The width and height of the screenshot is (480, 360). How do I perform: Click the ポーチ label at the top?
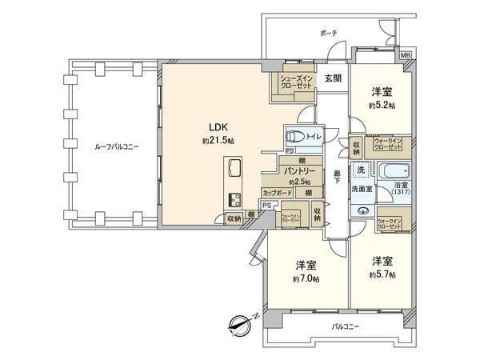328,34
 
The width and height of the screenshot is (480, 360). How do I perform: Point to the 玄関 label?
333,77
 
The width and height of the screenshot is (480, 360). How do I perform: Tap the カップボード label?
277,192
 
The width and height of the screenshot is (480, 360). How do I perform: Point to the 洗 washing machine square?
361,170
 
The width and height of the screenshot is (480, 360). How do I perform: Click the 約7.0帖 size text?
306,278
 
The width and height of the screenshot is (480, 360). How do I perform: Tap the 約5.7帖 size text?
381,273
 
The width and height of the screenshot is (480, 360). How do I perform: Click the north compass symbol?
238,325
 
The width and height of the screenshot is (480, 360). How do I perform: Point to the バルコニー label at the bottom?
346,326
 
